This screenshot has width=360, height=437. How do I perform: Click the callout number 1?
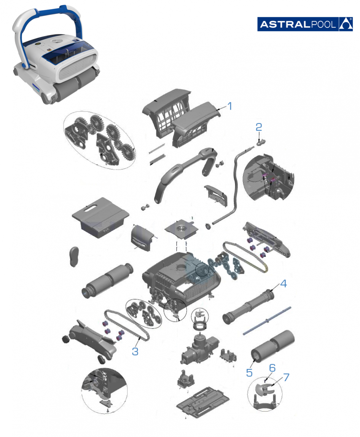(x=229, y=106)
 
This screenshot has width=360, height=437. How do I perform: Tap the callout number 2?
(x=259, y=127)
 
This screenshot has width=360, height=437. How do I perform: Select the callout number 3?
(x=135, y=351)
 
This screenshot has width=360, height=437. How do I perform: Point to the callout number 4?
(x=284, y=284)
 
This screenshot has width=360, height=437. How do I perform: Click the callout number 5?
(x=249, y=373)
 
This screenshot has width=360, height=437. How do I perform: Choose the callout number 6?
(x=272, y=368)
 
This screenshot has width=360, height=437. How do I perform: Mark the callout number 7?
(x=286, y=377)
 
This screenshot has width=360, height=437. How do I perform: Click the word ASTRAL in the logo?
(x=285, y=24)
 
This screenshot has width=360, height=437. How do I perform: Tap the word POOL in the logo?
(x=323, y=24)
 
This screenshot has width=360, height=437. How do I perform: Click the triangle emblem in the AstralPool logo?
(x=346, y=24)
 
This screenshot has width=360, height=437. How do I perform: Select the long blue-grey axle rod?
(x=267, y=321)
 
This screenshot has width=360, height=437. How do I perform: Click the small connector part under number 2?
(x=261, y=142)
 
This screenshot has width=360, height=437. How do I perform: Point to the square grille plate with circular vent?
(x=182, y=230)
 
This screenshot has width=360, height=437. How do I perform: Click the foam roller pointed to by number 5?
(x=273, y=346)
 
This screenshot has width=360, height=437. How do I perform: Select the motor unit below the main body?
(x=200, y=348)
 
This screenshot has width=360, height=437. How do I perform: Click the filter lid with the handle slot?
(x=100, y=217)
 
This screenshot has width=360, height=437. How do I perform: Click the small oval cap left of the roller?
(x=74, y=257)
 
